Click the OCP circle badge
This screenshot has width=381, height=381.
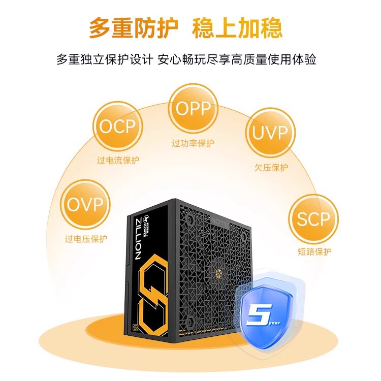(118, 126)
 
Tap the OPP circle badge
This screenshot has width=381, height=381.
(193, 108)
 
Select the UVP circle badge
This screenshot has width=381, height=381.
(270, 133)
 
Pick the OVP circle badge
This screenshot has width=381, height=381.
(85, 205)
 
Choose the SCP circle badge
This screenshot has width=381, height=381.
(313, 219)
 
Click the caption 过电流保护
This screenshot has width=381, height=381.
(118, 161)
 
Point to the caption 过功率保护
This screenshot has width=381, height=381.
(193, 143)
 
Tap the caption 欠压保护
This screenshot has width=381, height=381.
(271, 168)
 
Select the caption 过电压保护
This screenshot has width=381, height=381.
(86, 239)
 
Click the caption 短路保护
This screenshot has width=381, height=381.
(314, 251)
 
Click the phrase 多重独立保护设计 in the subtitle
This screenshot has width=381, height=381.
(105, 59)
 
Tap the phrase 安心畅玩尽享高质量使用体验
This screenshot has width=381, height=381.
(237, 59)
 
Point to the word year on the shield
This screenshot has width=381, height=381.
(274, 323)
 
